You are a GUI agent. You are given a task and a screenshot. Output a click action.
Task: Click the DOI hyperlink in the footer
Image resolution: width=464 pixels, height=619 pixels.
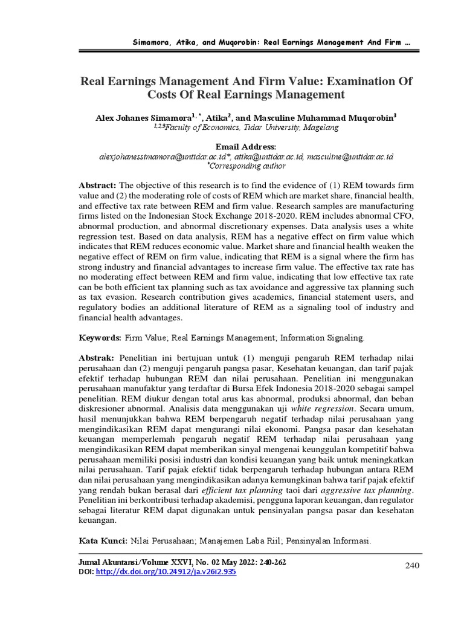tap(166, 571)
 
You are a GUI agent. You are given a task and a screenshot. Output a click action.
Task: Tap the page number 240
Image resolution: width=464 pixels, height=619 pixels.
tap(411, 565)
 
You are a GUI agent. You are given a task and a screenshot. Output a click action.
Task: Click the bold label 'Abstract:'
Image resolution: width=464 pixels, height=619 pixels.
tap(98, 184)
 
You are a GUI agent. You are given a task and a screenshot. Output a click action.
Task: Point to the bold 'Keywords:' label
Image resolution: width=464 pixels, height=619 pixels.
tap(100, 336)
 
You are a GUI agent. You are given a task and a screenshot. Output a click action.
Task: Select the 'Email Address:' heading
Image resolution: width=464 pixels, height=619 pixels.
tap(246, 147)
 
